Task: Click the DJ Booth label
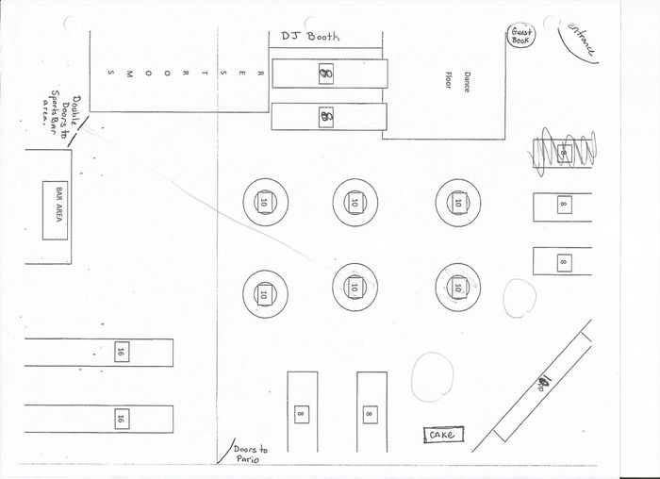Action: [x=309, y=37]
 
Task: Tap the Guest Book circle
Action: [x=521, y=38]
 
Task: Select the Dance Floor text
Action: [x=456, y=81]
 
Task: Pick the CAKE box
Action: [x=442, y=435]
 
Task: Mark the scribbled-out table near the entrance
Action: [x=562, y=152]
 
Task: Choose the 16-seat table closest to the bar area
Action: [x=99, y=353]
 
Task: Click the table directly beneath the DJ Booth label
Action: [x=328, y=74]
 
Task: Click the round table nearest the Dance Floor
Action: [x=458, y=201]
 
